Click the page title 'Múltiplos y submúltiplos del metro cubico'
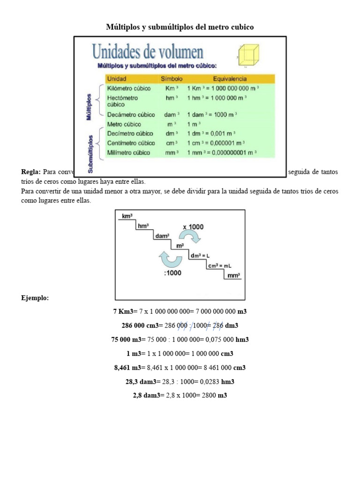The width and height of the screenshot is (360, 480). coord(180,27)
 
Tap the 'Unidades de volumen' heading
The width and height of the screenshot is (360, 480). coord(147,51)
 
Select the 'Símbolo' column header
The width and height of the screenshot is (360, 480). coord(171,79)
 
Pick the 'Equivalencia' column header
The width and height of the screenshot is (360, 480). coord(230,79)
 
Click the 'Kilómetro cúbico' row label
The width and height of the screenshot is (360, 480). coord(129,88)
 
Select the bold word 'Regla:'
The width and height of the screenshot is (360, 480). coord(31,172)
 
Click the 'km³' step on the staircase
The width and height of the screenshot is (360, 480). coord(127,216)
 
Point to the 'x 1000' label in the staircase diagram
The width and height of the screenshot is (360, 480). coord(193,226)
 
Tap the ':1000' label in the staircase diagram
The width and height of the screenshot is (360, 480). coord(173,272)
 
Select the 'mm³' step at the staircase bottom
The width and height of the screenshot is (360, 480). coord(233,275)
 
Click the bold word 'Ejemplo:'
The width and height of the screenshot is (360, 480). coord(35,298)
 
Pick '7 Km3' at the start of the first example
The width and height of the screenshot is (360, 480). coord(124,311)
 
